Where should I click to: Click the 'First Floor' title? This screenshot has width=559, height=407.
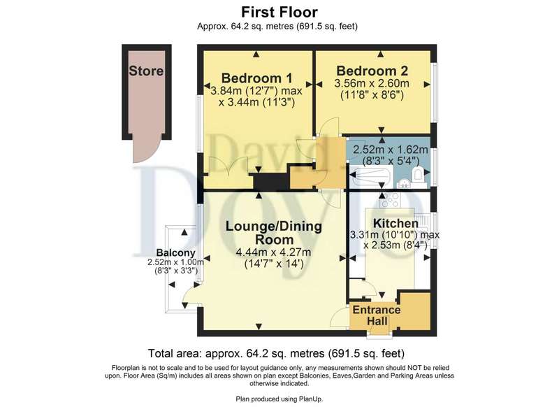click(279, 12)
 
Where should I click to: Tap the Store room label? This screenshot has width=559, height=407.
click(146, 71)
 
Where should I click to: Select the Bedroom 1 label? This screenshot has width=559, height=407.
click(256, 78)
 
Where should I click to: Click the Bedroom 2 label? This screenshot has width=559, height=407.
click(372, 71)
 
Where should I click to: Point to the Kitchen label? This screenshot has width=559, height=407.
click(395, 223)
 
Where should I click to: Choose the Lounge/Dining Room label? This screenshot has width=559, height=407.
click(274, 233)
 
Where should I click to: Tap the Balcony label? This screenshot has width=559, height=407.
click(176, 253)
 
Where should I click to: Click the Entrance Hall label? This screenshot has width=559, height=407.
click(377, 315)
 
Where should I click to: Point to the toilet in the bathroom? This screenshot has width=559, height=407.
click(418, 175)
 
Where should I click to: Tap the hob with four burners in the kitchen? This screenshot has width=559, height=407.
click(390, 201)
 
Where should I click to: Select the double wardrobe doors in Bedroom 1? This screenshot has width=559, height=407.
click(228, 166)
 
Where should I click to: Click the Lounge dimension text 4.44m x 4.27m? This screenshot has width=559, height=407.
click(273, 252)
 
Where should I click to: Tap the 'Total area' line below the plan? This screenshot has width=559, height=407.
click(276, 353)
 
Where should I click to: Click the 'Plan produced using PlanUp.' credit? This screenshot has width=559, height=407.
click(279, 399)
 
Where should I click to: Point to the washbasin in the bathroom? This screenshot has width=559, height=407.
click(405, 183)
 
